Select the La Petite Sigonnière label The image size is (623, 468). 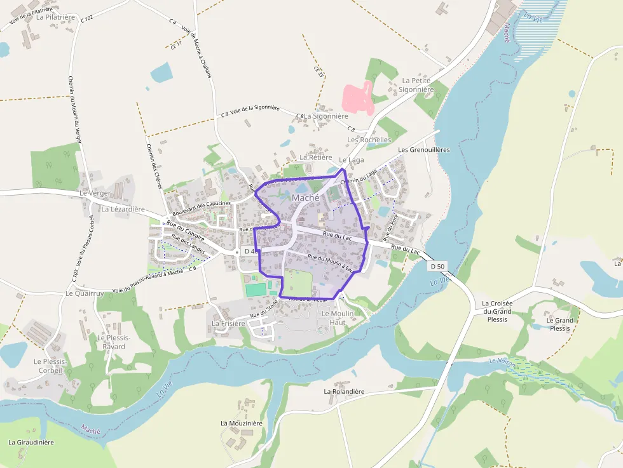(x=416, y=85)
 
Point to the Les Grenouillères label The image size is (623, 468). (x=423, y=150)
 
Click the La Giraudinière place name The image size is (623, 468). (x=31, y=442)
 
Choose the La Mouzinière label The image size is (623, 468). (x=241, y=423)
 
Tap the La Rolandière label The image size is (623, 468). (x=344, y=392)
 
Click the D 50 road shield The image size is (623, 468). (x=435, y=265)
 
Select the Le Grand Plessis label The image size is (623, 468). (x=559, y=324)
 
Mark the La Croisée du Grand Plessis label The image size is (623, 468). (x=497, y=311)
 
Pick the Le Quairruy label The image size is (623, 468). (x=85, y=293)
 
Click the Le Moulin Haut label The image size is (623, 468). (x=338, y=318)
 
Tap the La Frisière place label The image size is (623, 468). (x=228, y=323)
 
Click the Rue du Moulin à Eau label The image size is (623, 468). (x=329, y=262)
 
